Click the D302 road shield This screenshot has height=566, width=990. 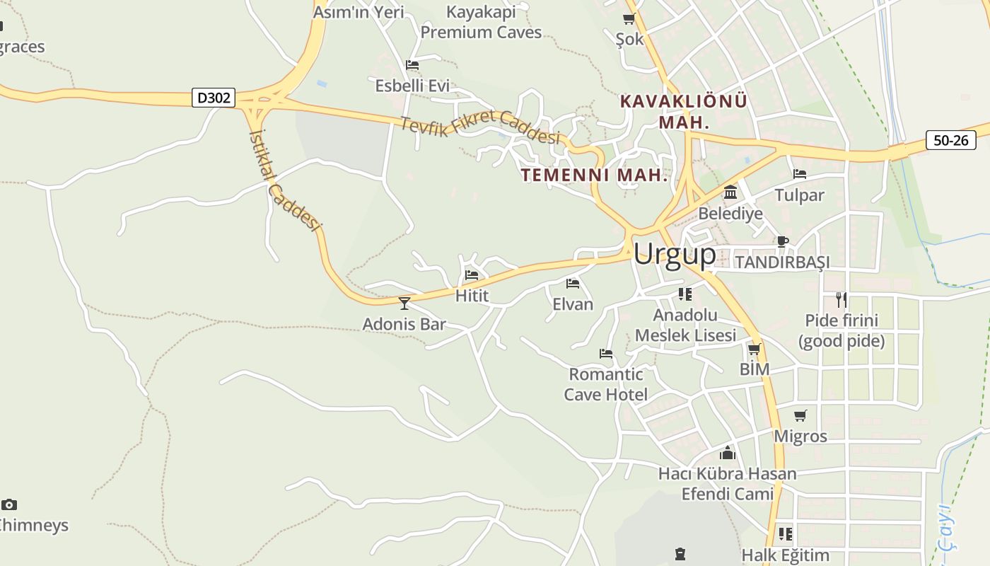(213, 98)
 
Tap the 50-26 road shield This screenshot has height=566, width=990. (950, 140)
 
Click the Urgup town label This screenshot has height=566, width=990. (675, 254)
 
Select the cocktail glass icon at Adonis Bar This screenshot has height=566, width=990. (404, 303)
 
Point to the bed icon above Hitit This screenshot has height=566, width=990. (472, 275)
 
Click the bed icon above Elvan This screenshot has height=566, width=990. (573, 284)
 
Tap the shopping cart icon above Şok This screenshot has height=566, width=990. (629, 19)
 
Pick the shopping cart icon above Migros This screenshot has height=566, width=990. (800, 415)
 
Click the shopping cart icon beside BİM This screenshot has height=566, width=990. (755, 349)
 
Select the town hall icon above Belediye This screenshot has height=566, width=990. (730, 192)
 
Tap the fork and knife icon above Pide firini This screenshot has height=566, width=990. (841, 299)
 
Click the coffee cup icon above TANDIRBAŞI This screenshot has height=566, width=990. (782, 241)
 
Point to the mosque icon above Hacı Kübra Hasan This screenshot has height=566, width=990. (728, 453)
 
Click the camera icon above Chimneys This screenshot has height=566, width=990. (8, 504)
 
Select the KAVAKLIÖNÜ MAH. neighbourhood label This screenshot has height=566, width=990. (683, 111)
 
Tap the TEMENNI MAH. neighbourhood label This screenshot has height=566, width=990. (595, 175)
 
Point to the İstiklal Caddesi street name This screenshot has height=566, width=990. (284, 180)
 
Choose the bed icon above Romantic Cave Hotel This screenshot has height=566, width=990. (605, 353)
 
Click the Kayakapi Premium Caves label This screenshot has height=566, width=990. (481, 22)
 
